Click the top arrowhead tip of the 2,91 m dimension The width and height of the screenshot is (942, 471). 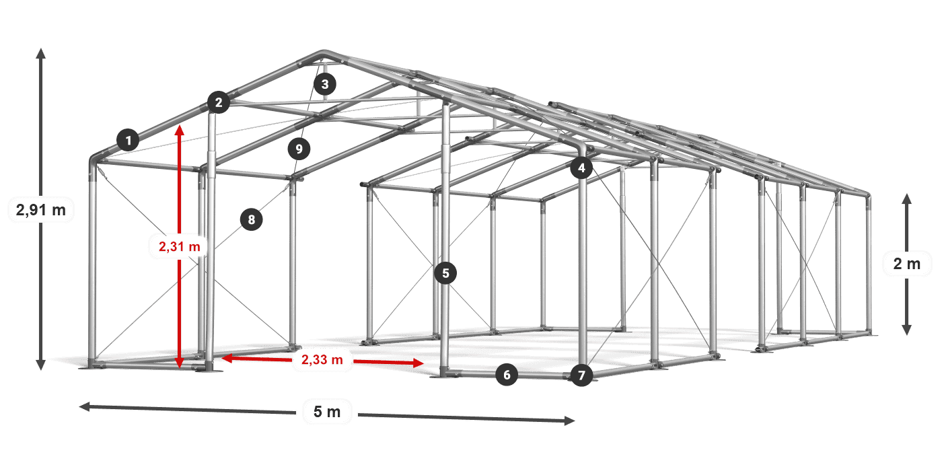click(x=41, y=48)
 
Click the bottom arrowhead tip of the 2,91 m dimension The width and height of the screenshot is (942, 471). click(x=41, y=371)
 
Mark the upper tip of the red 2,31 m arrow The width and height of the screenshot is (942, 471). click(x=180, y=125)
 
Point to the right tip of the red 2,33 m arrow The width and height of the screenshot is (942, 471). click(x=424, y=363)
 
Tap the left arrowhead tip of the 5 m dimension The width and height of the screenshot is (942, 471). click(x=79, y=406)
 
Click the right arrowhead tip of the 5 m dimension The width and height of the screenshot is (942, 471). click(x=575, y=421)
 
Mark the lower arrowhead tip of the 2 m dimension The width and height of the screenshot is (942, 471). click(x=907, y=336)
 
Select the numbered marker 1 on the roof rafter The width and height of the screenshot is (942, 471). click(x=129, y=140)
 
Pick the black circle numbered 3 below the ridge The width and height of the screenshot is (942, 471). click(x=324, y=84)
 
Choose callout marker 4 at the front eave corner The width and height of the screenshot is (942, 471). click(x=581, y=168)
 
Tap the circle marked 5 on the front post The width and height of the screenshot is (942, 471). click(x=445, y=273)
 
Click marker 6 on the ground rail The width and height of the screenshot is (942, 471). click(x=507, y=374)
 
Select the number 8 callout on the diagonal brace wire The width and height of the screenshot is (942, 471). click(x=252, y=219)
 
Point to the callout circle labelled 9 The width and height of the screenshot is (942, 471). click(x=299, y=149)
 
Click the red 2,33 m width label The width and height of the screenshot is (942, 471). click(x=322, y=359)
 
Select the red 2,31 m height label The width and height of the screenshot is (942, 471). click(x=180, y=246)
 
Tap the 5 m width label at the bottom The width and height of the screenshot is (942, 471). click(x=327, y=412)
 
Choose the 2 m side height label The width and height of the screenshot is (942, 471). click(x=907, y=264)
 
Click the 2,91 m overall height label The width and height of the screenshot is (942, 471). click(x=41, y=209)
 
